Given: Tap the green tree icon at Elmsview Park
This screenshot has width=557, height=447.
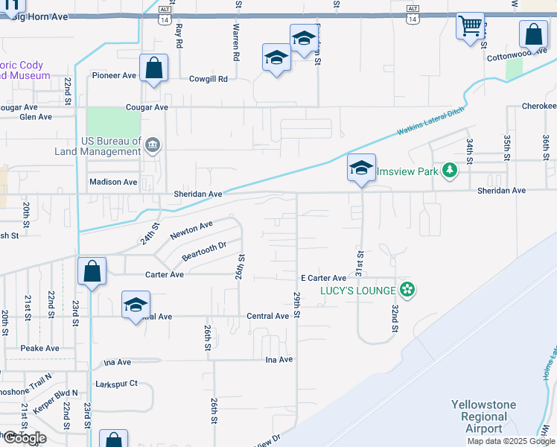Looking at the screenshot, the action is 449,171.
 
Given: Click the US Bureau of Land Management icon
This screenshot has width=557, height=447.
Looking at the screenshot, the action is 153,145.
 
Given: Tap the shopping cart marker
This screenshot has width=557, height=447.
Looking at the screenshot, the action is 470,27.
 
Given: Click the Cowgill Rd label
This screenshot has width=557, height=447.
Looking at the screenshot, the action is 208,78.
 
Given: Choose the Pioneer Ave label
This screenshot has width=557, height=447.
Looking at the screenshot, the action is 114,75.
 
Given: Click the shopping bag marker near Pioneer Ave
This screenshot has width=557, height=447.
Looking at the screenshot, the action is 153,69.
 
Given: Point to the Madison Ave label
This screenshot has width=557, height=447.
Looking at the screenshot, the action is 113,182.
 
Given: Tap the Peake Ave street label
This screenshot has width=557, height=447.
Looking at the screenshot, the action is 40,348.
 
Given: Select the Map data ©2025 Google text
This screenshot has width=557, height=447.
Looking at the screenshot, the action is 511,441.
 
